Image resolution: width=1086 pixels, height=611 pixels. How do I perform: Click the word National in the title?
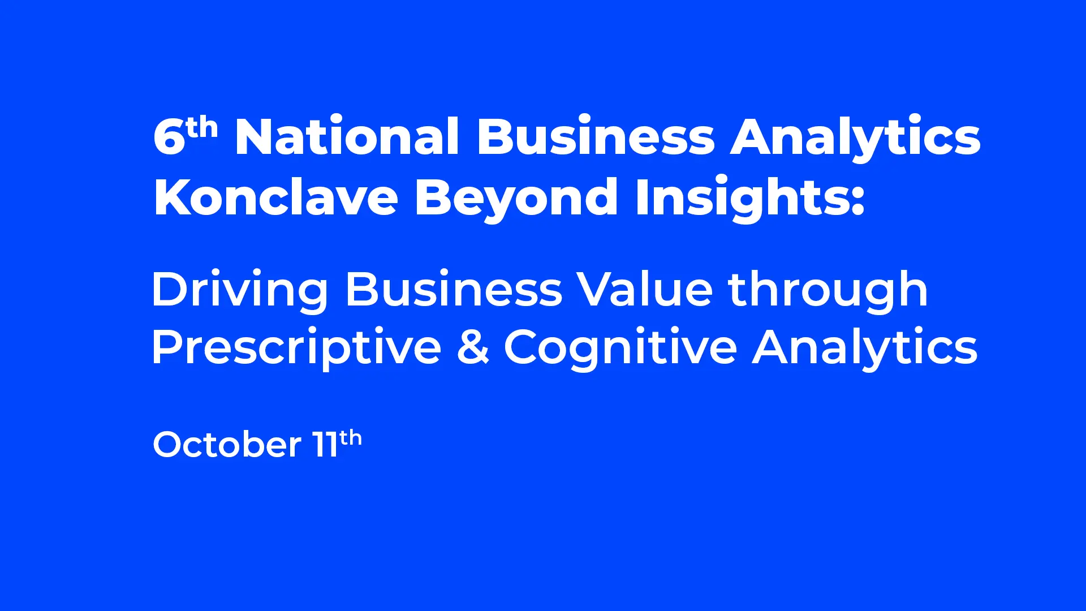(x=347, y=136)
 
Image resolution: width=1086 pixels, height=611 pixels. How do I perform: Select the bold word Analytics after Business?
(x=855, y=139)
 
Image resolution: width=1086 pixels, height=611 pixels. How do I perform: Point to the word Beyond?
(x=516, y=200)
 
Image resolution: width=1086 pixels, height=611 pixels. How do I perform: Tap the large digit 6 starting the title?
(x=169, y=137)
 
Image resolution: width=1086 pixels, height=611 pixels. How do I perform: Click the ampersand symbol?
(x=473, y=347)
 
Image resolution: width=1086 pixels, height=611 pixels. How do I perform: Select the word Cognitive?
(x=620, y=348)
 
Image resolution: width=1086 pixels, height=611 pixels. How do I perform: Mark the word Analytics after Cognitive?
(x=865, y=348)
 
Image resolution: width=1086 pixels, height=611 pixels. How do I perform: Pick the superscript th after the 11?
(x=351, y=437)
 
